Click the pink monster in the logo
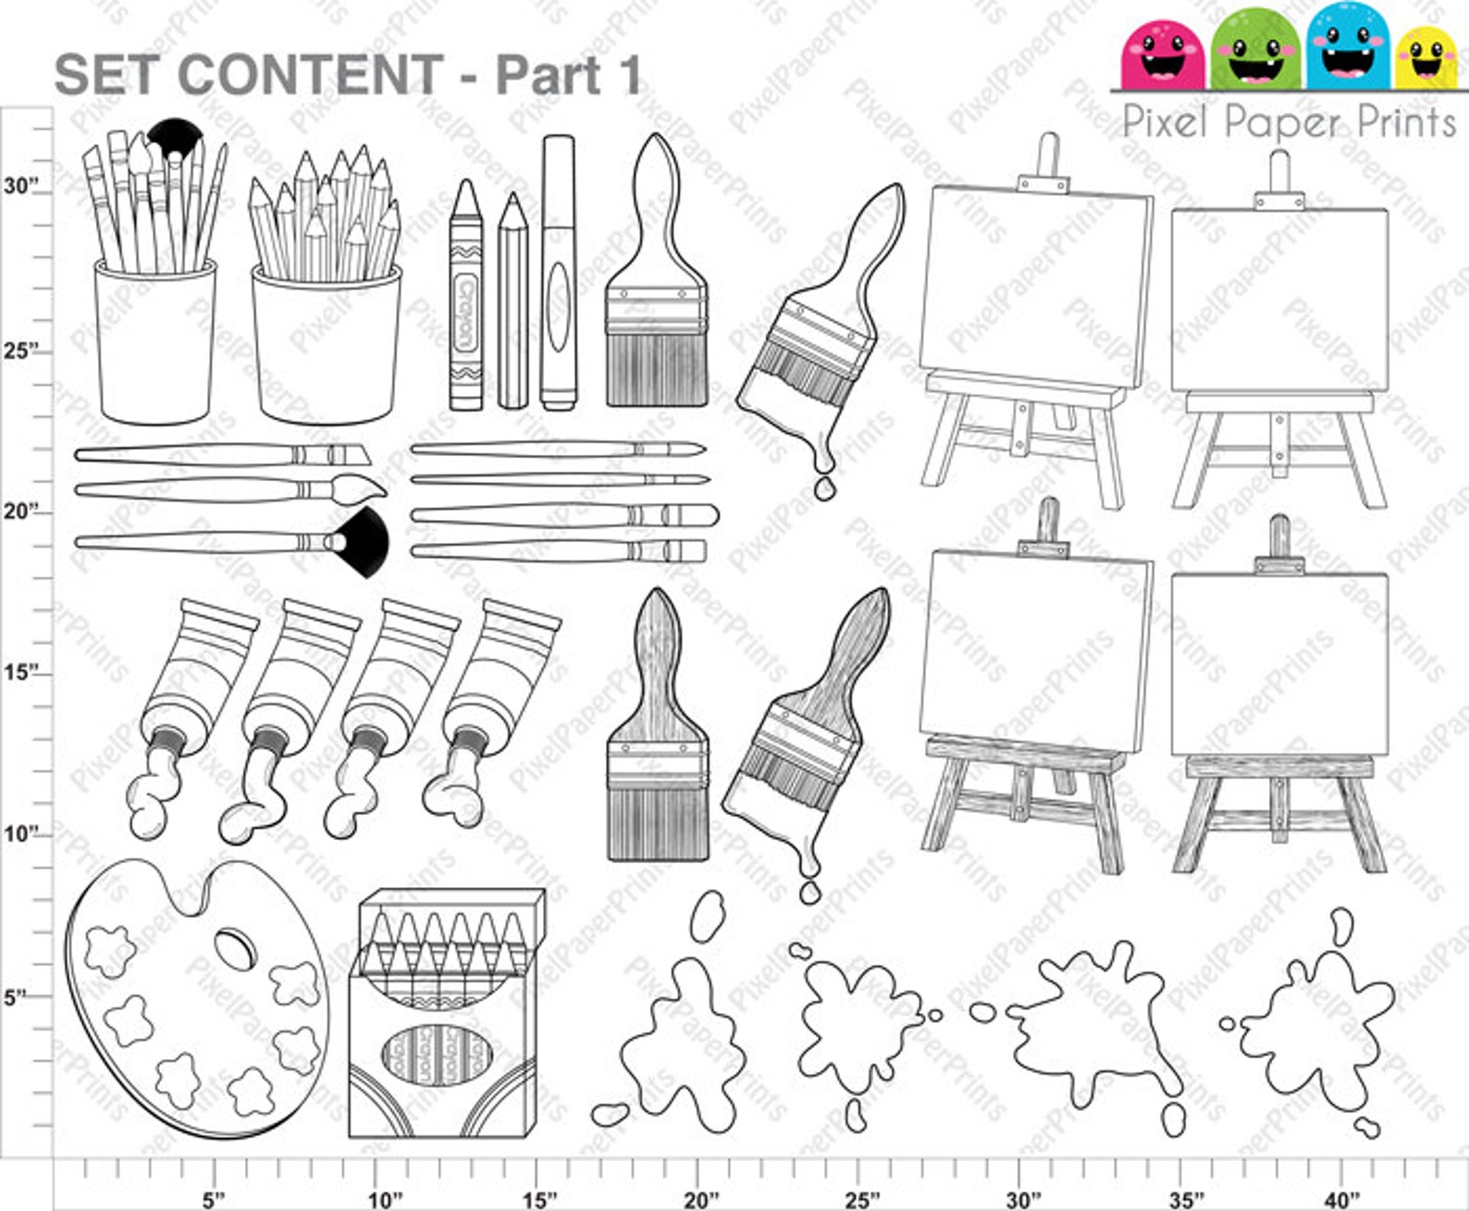tap(1161, 53)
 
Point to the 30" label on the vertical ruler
tap(20, 186)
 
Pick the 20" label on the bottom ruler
tap(700, 1199)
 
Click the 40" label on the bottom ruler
tap(1341, 1199)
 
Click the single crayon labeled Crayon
tap(465, 296)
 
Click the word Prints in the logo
tap(1395, 122)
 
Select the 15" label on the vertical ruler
tap(20, 672)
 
